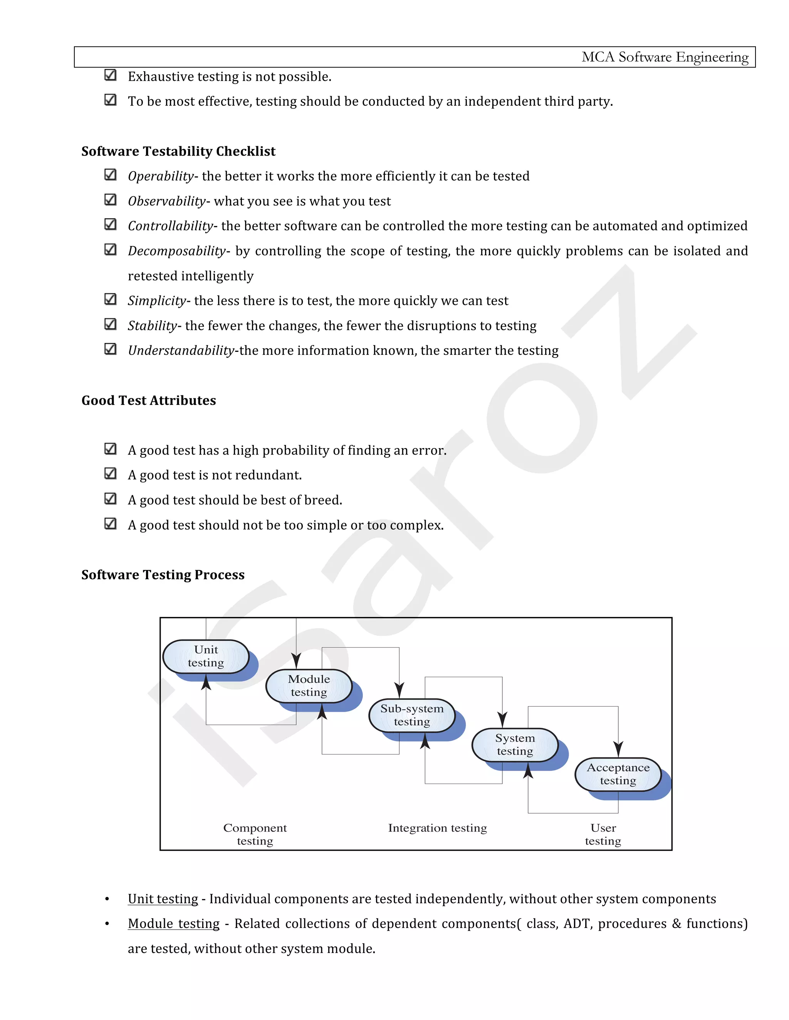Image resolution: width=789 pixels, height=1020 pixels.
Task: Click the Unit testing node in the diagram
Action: pos(206,656)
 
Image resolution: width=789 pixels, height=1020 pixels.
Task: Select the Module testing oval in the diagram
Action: pos(309,686)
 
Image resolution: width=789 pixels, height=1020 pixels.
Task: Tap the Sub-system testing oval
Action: pos(412,715)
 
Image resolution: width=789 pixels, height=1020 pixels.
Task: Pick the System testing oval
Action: pos(515,744)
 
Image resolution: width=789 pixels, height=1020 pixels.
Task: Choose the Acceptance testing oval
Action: pos(618,774)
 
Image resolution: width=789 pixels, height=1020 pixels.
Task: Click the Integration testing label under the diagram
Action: pos(438,828)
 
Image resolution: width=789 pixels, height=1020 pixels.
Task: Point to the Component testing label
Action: pos(255,834)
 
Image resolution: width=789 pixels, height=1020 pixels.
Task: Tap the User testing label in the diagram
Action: pos(603,834)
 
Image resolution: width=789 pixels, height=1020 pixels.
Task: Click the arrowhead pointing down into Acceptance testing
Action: pos(618,749)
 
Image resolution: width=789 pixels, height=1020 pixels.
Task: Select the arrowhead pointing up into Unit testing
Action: pos(206,683)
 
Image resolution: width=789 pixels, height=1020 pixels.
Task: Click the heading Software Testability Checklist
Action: pos(178,151)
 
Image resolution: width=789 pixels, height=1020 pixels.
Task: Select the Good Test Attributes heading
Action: pos(149,400)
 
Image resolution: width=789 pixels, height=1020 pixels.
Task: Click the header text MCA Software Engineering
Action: pos(665,57)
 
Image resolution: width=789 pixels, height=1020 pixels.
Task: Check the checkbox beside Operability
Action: pos(110,175)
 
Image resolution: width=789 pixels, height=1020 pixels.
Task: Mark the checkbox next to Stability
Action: pos(110,324)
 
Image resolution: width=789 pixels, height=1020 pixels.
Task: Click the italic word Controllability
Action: pos(170,226)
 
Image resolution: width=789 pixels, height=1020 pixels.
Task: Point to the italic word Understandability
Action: pos(181,350)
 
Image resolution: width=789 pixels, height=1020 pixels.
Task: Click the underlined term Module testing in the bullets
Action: pos(173,924)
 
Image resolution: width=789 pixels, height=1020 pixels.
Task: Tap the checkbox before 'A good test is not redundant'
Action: pos(110,473)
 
